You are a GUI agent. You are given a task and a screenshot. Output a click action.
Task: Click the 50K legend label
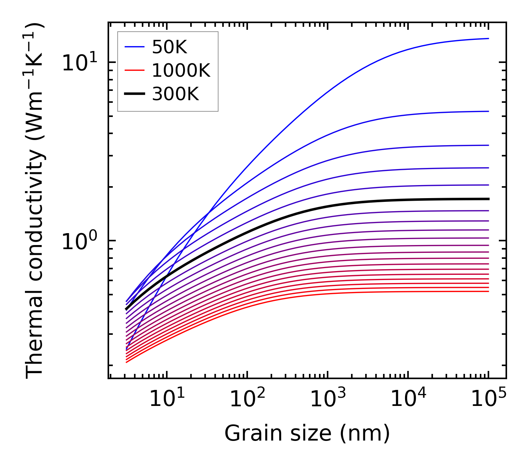click(169, 47)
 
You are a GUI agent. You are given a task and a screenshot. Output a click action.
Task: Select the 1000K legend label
click(181, 70)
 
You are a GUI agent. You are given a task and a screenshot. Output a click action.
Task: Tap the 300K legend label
click(175, 94)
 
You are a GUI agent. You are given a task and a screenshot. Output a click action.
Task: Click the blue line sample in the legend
click(134, 47)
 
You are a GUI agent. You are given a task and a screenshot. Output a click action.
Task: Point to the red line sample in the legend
click(134, 70)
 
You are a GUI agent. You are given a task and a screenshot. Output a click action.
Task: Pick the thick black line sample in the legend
click(134, 94)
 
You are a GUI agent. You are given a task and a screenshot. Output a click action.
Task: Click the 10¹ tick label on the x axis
click(166, 399)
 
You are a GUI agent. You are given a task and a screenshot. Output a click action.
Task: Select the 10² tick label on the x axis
click(247, 399)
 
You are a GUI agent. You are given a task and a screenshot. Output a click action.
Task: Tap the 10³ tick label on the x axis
click(328, 399)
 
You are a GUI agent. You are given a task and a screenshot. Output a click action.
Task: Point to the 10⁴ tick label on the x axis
click(408, 399)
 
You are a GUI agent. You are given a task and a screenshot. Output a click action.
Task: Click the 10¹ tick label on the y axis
click(79, 63)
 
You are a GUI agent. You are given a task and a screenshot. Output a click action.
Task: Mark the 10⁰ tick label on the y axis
click(79, 241)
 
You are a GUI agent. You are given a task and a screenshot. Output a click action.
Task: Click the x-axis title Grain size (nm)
click(307, 433)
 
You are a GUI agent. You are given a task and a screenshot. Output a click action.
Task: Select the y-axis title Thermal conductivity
click(35, 200)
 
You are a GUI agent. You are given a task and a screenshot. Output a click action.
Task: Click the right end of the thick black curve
click(488, 199)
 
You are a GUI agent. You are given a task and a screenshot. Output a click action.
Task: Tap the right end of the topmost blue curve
click(488, 38)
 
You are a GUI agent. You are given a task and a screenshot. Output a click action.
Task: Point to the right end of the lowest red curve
click(488, 291)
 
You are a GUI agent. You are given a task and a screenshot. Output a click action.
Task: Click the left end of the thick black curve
click(126, 309)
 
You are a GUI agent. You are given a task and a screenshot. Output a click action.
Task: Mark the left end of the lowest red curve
click(127, 362)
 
